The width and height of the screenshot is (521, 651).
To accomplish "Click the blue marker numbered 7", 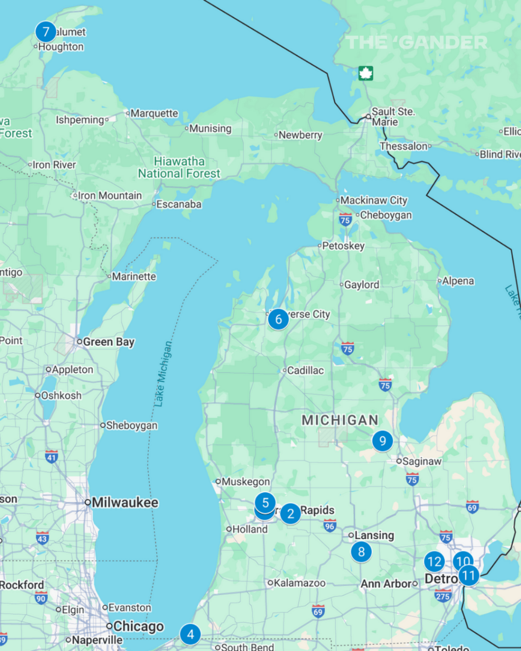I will [x=46, y=32].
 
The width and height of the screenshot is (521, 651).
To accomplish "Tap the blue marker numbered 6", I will [x=278, y=319].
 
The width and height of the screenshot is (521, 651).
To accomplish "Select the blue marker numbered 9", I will [x=383, y=441].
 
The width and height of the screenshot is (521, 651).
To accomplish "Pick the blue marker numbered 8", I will [x=361, y=552].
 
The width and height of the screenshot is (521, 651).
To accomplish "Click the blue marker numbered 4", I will [x=190, y=634].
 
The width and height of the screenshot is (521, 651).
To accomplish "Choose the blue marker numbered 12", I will [x=434, y=562].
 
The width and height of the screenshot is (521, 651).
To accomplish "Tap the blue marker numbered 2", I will [x=291, y=514].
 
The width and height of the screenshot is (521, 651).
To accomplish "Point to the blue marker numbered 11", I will [x=469, y=576].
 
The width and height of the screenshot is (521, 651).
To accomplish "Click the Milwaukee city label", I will [x=125, y=502].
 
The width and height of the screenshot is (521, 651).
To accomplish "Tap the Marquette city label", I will [x=154, y=113].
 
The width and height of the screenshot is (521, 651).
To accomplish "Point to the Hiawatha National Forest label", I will [x=179, y=168].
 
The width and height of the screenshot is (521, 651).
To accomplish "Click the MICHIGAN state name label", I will [x=340, y=420].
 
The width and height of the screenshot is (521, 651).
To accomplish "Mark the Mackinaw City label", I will [x=374, y=200].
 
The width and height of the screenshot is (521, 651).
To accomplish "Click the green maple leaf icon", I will [x=365, y=73].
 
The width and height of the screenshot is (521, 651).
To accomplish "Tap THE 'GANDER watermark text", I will [x=416, y=43].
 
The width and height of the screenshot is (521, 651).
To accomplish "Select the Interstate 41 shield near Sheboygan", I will [x=51, y=456].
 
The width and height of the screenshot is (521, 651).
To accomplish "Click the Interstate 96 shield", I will [x=330, y=526].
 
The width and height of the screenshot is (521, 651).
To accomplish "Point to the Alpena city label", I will [x=458, y=281].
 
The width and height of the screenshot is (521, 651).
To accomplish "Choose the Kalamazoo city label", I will [x=299, y=583].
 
